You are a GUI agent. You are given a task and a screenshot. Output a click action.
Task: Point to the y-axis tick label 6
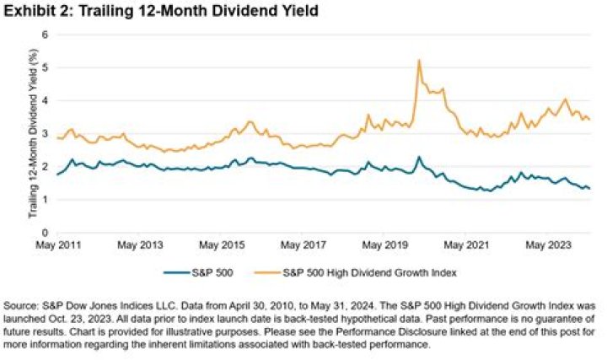point(47,35)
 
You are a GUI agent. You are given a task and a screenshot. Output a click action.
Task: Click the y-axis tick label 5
point(47,67)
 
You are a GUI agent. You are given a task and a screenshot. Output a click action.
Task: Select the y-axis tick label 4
point(47,100)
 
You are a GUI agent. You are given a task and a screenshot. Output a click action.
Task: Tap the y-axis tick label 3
point(47,133)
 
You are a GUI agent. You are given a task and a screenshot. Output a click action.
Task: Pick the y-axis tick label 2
point(47,167)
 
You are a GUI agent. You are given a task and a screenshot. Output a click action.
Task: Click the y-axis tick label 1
point(47,200)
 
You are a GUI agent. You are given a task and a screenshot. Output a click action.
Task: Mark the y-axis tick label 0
point(47,233)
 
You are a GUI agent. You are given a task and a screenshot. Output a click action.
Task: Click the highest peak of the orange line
point(419,61)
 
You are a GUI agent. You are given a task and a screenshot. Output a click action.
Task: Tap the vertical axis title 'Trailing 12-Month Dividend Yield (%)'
point(32,133)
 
